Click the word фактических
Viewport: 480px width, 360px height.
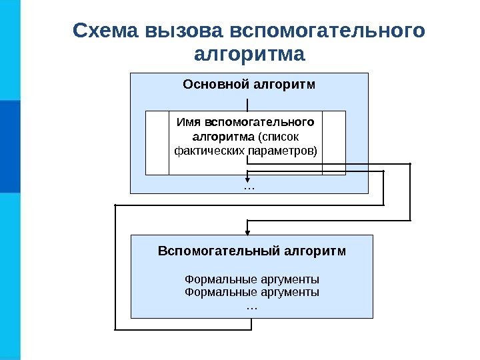pyautogui.click(x=209, y=151)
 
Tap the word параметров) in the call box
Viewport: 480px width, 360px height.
pyautogui.click(x=283, y=151)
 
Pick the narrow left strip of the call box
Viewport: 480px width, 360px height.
pyautogui.click(x=157, y=143)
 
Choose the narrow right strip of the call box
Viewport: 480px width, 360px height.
pyautogui.click(x=334, y=143)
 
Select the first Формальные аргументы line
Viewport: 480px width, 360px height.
pyautogui.click(x=251, y=279)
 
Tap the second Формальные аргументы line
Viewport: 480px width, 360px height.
pyautogui.click(x=251, y=292)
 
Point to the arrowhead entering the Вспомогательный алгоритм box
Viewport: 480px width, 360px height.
pyautogui.click(x=249, y=231)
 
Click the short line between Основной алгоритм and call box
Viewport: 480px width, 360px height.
pyautogui.click(x=248, y=104)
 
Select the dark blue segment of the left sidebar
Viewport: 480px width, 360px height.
pyautogui.click(x=10, y=147)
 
